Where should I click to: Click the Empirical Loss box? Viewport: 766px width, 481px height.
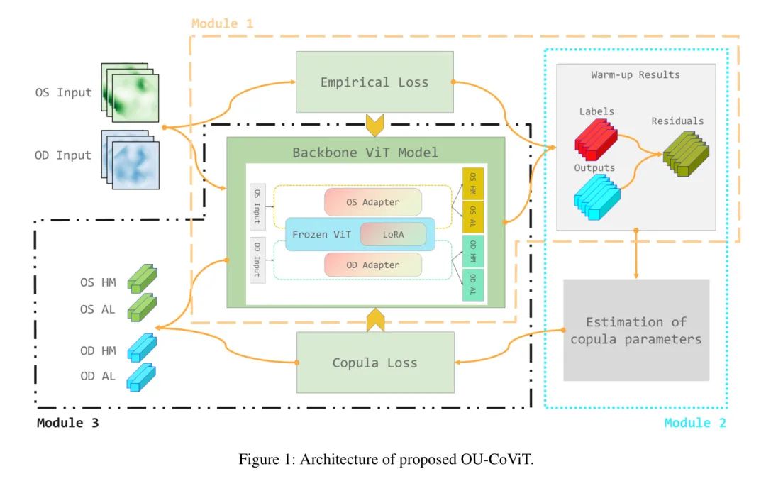374,82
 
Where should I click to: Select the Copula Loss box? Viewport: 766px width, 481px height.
374,363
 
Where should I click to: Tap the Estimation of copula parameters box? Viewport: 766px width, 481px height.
636,330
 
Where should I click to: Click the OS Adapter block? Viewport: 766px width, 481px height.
372,202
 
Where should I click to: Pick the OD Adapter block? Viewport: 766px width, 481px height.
372,265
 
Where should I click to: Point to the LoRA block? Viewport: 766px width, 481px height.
392,234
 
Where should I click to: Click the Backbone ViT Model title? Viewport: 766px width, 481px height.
365,153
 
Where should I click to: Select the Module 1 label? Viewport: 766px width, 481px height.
222,23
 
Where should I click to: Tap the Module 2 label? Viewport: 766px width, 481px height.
695,423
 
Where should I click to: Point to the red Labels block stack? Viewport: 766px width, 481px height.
596,138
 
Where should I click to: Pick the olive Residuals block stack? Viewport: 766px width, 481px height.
684,153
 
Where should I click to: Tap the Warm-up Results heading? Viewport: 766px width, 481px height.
635,74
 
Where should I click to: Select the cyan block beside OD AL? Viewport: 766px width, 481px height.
142,377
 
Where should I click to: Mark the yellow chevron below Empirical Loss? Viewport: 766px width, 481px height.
374,126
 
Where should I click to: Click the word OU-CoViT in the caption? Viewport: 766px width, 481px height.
494,459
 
